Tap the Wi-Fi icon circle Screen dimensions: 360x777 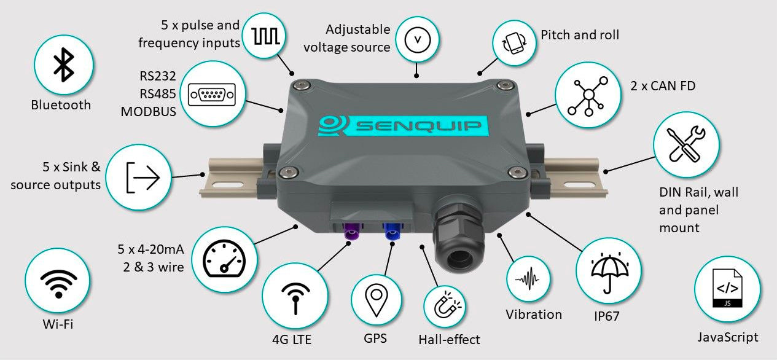coord(58,281)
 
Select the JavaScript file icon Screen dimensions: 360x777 coord(727,288)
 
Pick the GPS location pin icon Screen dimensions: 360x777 coord(376,299)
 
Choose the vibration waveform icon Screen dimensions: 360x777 coord(531,280)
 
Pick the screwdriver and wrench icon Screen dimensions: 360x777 coord(685,143)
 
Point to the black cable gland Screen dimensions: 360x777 coord(459,241)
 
